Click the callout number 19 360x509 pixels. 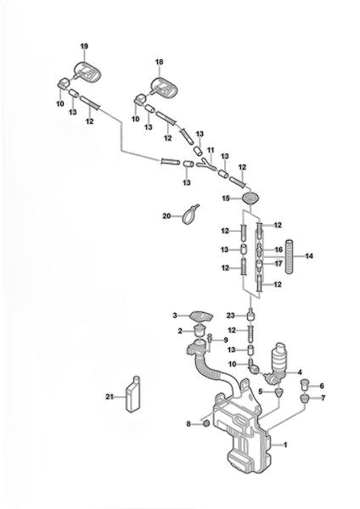pos(84,47)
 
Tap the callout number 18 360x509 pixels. pos(160,62)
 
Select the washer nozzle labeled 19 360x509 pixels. pos(86,71)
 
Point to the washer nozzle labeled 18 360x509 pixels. pos(162,86)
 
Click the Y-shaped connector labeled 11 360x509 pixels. pos(205,164)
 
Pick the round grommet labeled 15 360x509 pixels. pos(250,198)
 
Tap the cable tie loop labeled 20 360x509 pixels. pos(189,215)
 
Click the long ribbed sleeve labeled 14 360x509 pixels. pos(290,256)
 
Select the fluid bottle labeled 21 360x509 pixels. pos(133,394)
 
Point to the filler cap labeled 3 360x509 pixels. pos(200,316)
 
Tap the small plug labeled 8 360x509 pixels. pos(205,423)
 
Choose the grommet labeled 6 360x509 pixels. pos(304,383)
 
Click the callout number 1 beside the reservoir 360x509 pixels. pos(285,445)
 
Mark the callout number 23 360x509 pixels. pos(231,316)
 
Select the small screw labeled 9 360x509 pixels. pos(210,341)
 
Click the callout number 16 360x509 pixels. pos(278,249)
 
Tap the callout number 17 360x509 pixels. pos(278,264)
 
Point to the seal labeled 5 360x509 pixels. pos(278,393)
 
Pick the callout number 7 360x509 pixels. pos(323,398)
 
